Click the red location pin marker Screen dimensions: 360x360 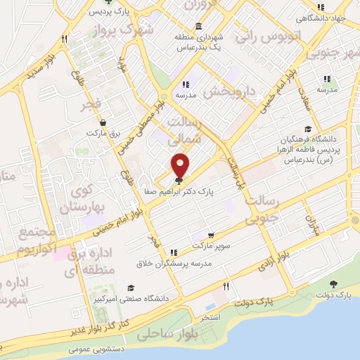(181, 166)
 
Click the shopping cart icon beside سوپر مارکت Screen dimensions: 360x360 (210, 235)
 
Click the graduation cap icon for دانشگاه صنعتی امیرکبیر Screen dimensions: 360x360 (131, 288)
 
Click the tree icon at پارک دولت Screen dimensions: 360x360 (333, 284)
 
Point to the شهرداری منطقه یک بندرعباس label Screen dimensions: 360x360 (200, 41)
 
